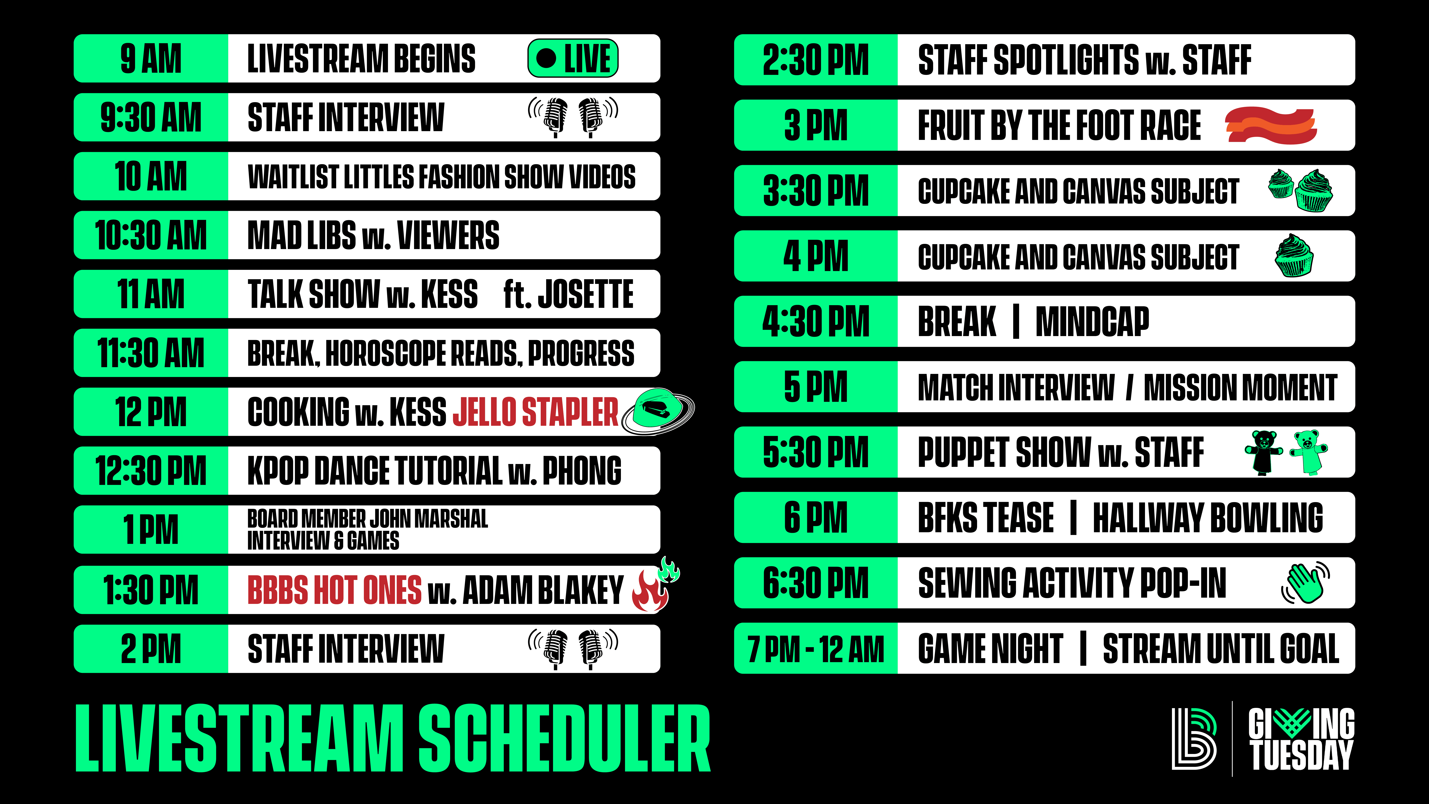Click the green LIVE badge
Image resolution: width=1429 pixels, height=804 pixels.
tap(572, 58)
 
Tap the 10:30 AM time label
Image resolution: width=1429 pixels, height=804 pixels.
tap(151, 235)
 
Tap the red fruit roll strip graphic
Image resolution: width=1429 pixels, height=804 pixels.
tap(1271, 125)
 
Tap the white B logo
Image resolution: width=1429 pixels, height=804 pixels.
tap(1194, 739)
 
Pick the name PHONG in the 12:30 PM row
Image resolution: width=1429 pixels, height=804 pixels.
tap(582, 471)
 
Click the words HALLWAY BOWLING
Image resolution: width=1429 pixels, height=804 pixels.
tap(1208, 518)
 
